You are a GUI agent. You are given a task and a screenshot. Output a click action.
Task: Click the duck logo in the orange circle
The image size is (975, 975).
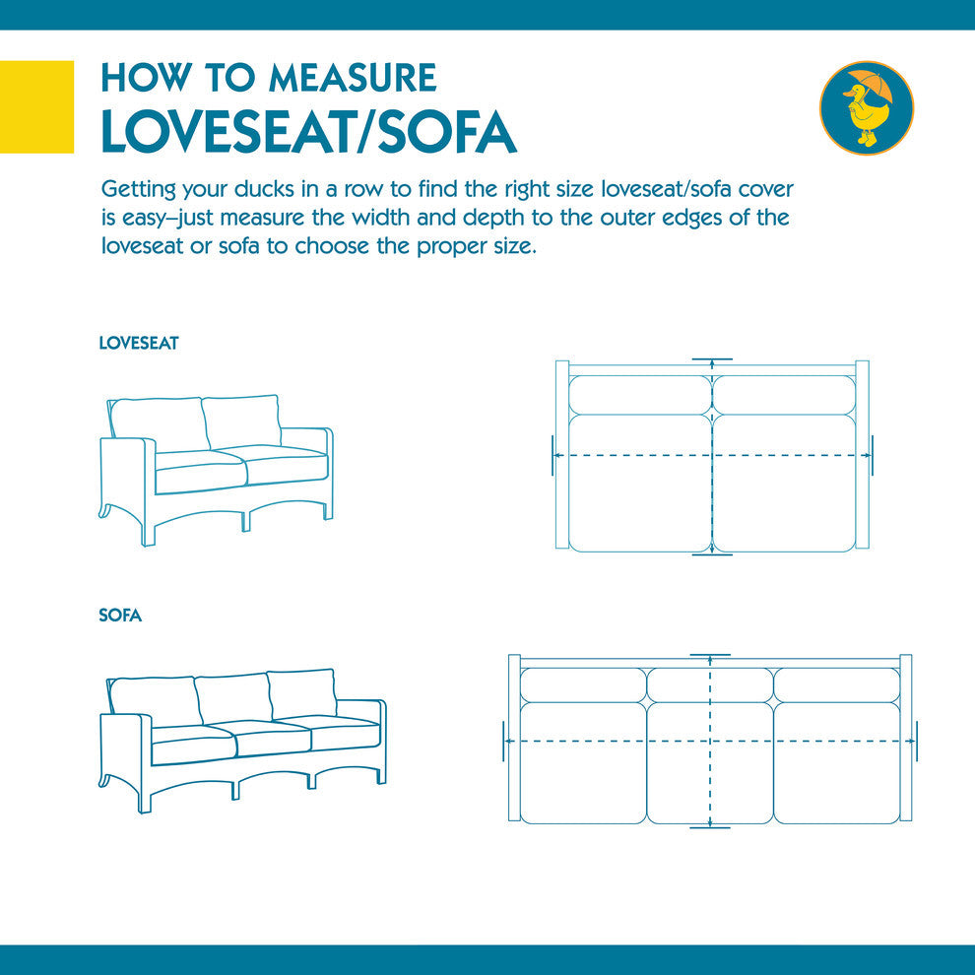pyautogui.click(x=867, y=107)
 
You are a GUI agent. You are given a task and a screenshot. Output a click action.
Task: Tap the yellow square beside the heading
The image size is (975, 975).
pyautogui.click(x=36, y=107)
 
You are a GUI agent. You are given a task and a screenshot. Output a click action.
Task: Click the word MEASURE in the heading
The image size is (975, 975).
pyautogui.click(x=353, y=78)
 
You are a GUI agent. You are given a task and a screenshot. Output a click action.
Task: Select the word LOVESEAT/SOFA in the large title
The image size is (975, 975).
pyautogui.click(x=309, y=132)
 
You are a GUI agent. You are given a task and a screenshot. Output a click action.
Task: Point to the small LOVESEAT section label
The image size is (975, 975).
pyautogui.click(x=139, y=344)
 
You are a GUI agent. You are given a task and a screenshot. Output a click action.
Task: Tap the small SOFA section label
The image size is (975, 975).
pyautogui.click(x=120, y=616)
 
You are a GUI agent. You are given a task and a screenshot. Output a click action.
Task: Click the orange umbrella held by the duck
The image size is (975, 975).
pyautogui.click(x=873, y=85)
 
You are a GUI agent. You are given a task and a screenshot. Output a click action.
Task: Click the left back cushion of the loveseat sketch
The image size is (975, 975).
pyautogui.click(x=159, y=424)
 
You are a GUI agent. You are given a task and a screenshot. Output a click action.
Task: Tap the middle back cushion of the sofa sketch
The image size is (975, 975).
pyautogui.click(x=233, y=697)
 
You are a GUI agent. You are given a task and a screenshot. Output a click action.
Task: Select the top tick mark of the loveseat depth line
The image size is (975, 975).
pyautogui.click(x=712, y=359)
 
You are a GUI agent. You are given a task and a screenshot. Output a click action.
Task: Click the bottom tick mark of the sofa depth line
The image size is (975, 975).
pyautogui.click(x=709, y=827)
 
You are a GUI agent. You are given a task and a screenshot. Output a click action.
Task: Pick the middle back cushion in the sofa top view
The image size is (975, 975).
pyautogui.click(x=710, y=684)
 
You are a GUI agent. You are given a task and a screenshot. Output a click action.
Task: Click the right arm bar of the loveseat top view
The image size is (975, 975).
pyautogui.click(x=862, y=455)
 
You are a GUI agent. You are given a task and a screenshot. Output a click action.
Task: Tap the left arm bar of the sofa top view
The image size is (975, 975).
pyautogui.click(x=514, y=738)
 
